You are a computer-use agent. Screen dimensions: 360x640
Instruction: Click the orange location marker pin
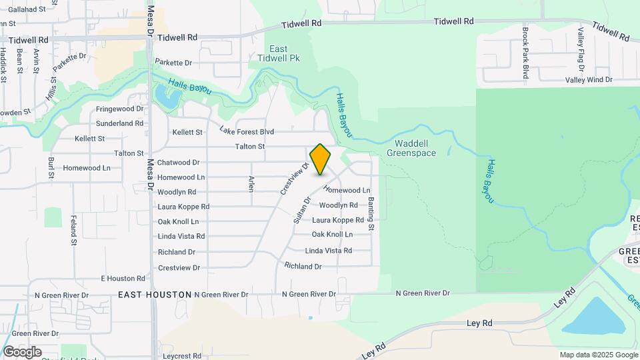point(321,159)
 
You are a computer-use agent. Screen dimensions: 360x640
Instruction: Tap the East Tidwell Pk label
point(279,53)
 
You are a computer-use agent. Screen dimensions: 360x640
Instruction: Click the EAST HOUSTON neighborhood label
point(154,294)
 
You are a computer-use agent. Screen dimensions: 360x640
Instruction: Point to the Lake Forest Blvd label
point(247,131)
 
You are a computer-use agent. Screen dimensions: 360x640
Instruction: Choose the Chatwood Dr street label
point(179,162)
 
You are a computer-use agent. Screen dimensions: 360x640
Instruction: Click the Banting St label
point(371,218)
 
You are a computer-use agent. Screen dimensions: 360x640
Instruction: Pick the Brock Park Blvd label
point(526,53)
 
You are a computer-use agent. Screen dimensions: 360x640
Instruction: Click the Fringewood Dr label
point(120,109)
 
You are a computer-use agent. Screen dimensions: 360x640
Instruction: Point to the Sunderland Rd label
point(120,123)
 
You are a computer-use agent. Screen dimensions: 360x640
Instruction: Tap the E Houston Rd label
point(123,278)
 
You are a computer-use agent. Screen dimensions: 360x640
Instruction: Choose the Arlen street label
point(251,183)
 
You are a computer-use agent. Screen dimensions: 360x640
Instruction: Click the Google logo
point(22,351)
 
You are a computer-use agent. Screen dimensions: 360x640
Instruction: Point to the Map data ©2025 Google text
point(598,355)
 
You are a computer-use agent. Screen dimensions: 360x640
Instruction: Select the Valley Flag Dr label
point(581,49)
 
